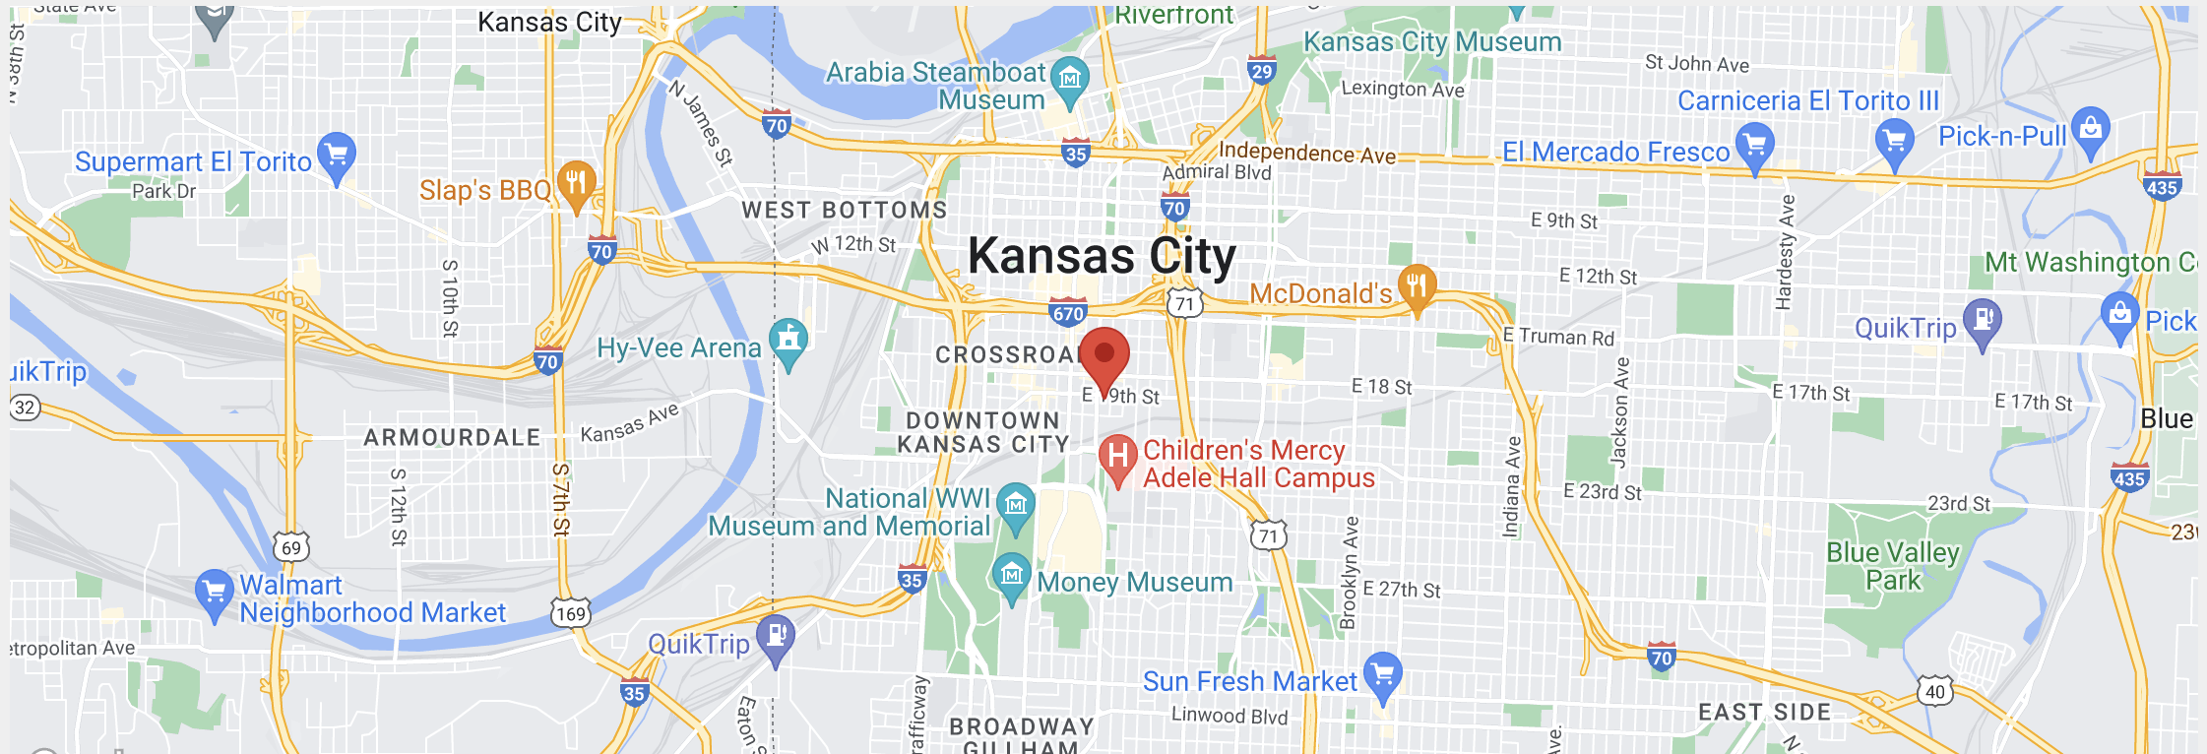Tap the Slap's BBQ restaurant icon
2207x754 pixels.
click(576, 182)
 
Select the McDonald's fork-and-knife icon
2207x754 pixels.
click(1417, 286)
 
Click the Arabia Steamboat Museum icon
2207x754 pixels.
click(1070, 78)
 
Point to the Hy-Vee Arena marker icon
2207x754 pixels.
click(788, 341)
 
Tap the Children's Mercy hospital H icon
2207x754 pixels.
click(1118, 457)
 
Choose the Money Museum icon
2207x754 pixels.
click(1011, 575)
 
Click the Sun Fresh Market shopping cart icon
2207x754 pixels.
click(1383, 674)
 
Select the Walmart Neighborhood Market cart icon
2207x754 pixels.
click(214, 592)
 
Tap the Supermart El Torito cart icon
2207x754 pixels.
click(337, 155)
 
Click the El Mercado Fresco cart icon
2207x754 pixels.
click(1755, 145)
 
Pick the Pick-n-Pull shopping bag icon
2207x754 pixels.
click(2090, 129)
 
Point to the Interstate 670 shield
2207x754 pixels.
click(1068, 313)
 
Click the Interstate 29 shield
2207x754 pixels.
click(1261, 70)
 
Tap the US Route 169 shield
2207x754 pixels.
click(570, 613)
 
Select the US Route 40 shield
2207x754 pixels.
click(1935, 691)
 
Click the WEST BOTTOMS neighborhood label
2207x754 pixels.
click(844, 210)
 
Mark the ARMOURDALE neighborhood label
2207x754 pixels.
click(452, 437)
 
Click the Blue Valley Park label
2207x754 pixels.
click(1892, 566)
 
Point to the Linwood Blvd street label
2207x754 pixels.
click(1229, 716)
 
